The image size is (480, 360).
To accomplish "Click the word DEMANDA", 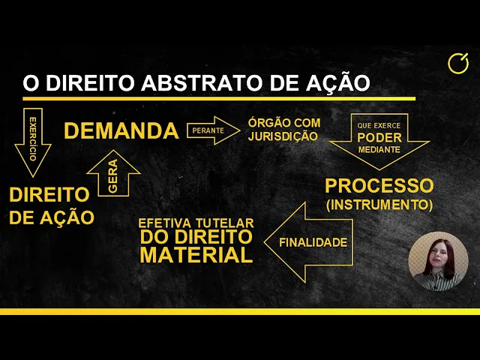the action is tap(121, 130).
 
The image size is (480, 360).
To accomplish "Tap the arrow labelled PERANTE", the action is tap(210, 130).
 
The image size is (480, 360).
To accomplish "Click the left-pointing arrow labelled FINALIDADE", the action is tap(311, 242).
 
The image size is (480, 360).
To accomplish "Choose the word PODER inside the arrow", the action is tap(379, 138).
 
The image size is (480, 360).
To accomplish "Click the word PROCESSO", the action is tap(379, 185).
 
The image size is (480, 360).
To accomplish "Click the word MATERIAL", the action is tap(196, 256).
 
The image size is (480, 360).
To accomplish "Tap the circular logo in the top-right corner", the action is tap(457, 64).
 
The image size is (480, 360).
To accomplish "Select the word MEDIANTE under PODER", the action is tap(379, 149).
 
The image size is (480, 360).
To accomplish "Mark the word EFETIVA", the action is tap(163, 223).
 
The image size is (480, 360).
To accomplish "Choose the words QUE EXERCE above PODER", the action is tap(379, 126).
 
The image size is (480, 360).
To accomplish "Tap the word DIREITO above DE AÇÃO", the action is tap(49, 194).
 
